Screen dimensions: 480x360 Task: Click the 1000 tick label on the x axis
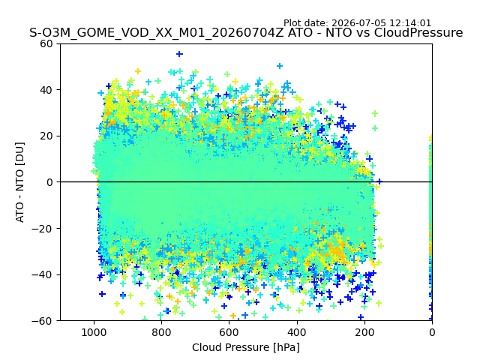click(x=94, y=332)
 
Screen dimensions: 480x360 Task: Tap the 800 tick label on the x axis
click(x=161, y=332)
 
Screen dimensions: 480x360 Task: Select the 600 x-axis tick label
click(x=229, y=332)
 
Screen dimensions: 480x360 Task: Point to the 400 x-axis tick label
click(x=297, y=332)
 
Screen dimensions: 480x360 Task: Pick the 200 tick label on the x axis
click(x=364, y=332)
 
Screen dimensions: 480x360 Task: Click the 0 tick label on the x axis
click(x=432, y=332)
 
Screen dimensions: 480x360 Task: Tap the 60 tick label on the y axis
click(x=46, y=43)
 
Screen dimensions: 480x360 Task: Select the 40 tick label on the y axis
click(x=46, y=90)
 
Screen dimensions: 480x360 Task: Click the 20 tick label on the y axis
click(x=46, y=136)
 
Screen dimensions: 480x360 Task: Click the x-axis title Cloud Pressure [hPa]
click(x=246, y=347)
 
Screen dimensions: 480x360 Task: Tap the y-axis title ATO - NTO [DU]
click(x=20, y=182)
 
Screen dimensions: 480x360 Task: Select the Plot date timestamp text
click(x=357, y=23)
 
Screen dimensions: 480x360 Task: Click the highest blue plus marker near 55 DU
click(x=179, y=54)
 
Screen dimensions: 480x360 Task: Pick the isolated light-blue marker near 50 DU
click(x=280, y=66)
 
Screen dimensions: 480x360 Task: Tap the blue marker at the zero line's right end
click(x=379, y=181)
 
